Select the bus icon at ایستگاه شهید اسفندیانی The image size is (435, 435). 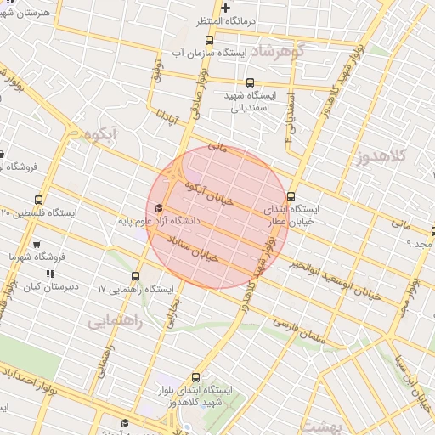[249, 83]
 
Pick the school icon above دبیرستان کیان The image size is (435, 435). [49, 274]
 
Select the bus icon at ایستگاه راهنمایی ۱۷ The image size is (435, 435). [136, 276]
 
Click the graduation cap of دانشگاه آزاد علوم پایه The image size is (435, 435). [159, 208]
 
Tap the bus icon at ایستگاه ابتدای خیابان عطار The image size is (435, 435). [292, 195]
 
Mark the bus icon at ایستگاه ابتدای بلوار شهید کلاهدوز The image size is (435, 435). [196, 377]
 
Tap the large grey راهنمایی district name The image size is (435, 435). [114, 322]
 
